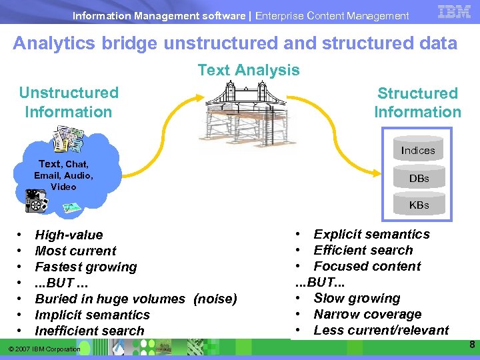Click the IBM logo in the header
click(455, 11)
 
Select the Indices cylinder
click(418, 151)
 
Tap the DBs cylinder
click(419, 179)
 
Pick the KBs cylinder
click(419, 205)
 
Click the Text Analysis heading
click(249, 70)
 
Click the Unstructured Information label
click(69, 102)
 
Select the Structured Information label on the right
click(417, 103)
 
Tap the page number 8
click(471, 345)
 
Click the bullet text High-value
click(69, 235)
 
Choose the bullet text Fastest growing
click(85, 267)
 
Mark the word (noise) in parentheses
click(215, 299)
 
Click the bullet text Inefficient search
click(89, 331)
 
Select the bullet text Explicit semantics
click(371, 234)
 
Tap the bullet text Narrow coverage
click(367, 314)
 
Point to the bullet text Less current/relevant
click(381, 330)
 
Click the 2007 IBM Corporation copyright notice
click(45, 349)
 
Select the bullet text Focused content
click(367, 266)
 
